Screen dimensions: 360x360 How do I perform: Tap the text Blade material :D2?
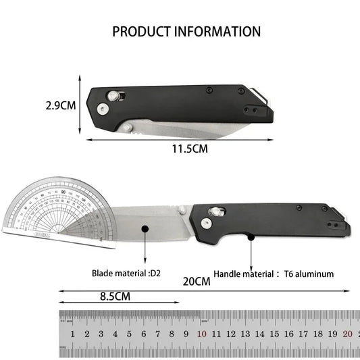tap(126, 274)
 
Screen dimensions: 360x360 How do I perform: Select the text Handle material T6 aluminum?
tap(273, 274)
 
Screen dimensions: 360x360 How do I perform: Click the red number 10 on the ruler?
tap(201, 334)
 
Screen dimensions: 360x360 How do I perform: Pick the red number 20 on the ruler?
tap(347, 334)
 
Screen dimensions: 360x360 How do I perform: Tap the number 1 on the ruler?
tap(72, 334)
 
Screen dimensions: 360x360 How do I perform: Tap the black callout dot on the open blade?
tap(144, 230)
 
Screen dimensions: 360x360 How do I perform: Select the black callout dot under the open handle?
tap(251, 236)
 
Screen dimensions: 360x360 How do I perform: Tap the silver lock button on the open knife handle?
tap(217, 213)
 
